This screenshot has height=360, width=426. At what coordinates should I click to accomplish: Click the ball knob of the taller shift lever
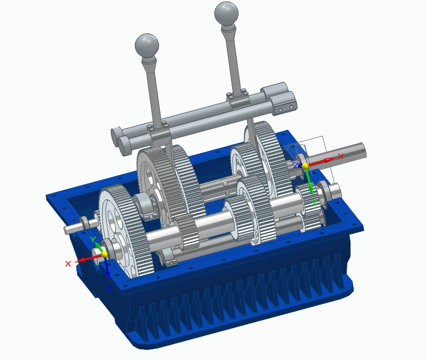coord(226,12)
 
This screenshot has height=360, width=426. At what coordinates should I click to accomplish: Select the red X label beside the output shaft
coord(341,156)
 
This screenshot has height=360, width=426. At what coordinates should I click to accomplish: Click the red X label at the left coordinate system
coord(68,264)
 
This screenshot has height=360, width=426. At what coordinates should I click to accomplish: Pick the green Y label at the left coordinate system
coord(92,240)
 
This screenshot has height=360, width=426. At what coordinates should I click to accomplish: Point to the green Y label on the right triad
coord(314,203)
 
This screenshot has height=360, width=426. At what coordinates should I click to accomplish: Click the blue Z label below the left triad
coord(108,288)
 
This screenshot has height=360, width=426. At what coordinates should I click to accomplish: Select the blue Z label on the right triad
coord(295,165)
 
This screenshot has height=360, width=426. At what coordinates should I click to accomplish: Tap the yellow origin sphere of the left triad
coord(104,254)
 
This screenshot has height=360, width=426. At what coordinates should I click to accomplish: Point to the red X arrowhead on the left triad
coord(80,261)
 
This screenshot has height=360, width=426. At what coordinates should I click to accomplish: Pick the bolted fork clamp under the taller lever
coord(237,98)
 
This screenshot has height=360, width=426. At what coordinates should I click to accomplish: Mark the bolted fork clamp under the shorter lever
coord(159,129)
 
